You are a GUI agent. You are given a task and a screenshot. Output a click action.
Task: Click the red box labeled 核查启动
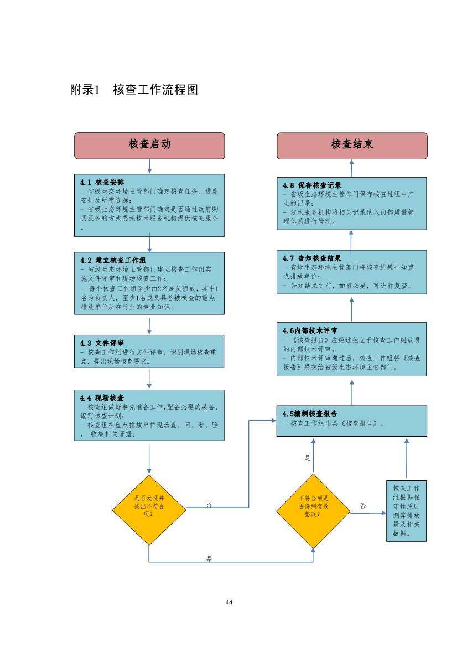[x=149, y=145]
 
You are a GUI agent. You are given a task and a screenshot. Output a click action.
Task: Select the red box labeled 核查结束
[x=352, y=145]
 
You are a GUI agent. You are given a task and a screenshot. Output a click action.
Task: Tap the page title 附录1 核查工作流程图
[x=134, y=90]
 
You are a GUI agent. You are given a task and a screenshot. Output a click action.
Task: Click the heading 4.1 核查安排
[x=102, y=182]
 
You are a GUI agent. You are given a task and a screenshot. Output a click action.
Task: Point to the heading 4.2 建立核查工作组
[x=113, y=260]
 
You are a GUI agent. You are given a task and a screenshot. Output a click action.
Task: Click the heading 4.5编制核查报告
[x=310, y=413]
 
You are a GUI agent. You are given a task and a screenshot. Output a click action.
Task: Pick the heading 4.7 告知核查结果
[x=311, y=258]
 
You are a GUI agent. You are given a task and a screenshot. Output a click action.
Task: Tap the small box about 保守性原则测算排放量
[x=407, y=511]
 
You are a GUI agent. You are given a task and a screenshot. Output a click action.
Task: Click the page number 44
[x=228, y=602]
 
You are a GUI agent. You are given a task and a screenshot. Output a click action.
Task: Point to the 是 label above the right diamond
[x=308, y=458]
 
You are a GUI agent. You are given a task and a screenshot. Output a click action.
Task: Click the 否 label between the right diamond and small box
[x=363, y=505]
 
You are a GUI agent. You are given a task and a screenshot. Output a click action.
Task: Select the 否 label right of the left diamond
[x=209, y=504]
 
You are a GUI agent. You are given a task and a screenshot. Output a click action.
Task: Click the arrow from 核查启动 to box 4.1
[x=149, y=166]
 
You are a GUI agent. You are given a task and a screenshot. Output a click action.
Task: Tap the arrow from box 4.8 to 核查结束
[x=352, y=168]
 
